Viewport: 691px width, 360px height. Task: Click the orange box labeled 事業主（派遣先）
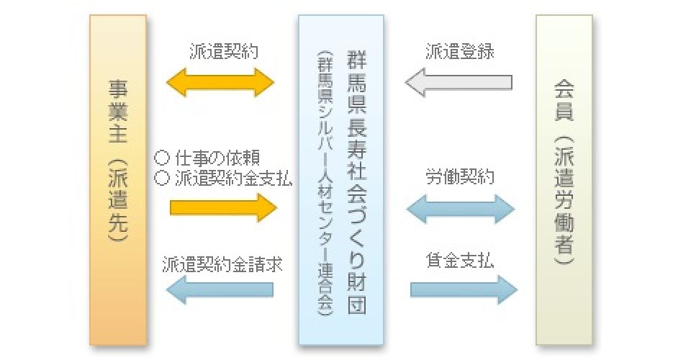click(x=117, y=180)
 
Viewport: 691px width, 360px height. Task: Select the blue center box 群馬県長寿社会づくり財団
click(x=341, y=180)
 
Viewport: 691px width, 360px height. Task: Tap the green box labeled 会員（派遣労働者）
click(x=564, y=180)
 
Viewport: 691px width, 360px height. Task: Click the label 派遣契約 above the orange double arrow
click(x=223, y=52)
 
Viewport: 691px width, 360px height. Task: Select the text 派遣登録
click(x=459, y=52)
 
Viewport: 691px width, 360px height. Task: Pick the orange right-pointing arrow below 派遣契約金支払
click(x=223, y=208)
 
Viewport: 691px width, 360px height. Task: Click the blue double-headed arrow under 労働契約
click(x=461, y=209)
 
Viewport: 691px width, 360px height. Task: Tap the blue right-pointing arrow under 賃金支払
click(x=464, y=289)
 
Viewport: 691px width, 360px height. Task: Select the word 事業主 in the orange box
click(x=117, y=108)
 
